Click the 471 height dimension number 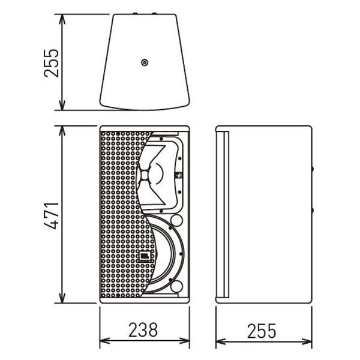(51, 215)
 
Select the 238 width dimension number (143, 330)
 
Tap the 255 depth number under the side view (262, 331)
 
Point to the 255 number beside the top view (51, 63)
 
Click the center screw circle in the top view (145, 62)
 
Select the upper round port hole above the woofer (177, 220)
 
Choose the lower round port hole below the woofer (177, 286)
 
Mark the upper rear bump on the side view (312, 169)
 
